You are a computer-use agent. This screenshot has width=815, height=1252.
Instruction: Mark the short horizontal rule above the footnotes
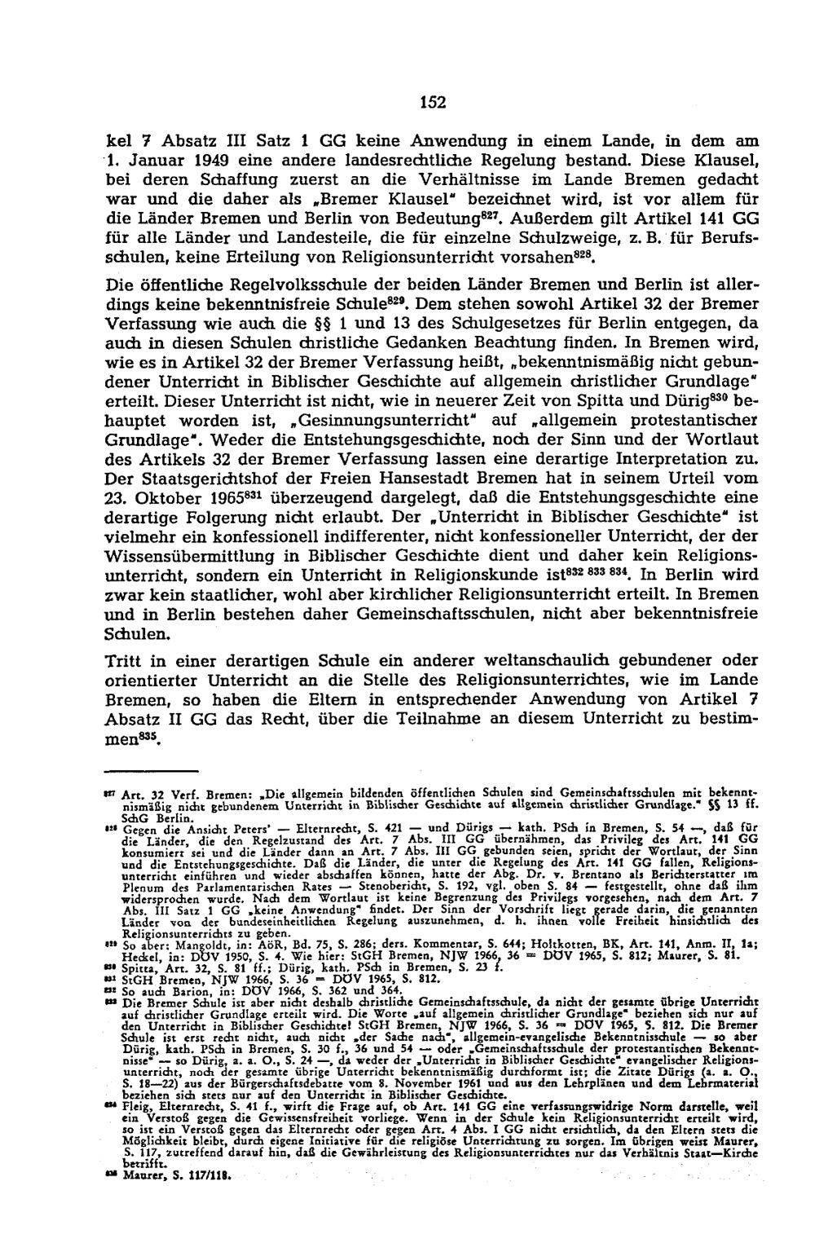pos(152,770)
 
